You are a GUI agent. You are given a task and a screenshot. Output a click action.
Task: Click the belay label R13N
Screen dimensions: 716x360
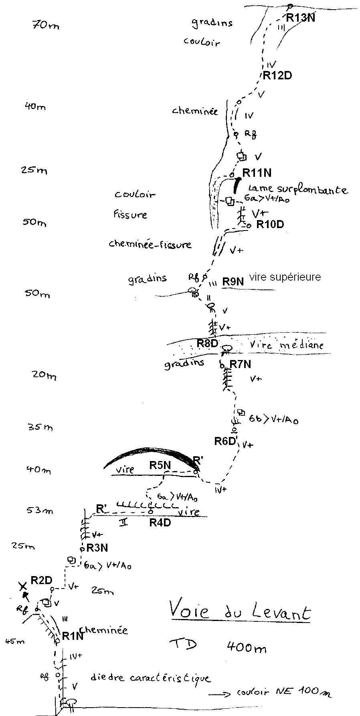coord(300,17)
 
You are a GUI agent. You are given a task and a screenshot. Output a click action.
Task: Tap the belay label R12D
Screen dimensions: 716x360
coord(277,75)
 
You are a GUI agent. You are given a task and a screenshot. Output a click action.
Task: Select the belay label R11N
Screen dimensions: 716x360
coord(257,173)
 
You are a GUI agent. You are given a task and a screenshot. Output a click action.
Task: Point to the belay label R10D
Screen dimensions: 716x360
coord(270,224)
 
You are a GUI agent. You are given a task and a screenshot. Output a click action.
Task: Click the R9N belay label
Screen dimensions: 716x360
coord(233,281)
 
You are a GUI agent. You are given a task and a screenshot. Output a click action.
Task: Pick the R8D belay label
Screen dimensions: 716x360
coord(207,343)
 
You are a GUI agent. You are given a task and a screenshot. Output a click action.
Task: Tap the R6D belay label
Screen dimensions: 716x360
coord(225,441)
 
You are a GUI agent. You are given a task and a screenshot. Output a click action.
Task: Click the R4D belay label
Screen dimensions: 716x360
coord(160,522)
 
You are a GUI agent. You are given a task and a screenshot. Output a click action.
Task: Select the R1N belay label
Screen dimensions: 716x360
coord(73,636)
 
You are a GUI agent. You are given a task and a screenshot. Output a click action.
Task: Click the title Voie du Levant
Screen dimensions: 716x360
coord(239,612)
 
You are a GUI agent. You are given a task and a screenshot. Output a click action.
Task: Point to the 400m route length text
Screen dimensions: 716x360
coord(246,647)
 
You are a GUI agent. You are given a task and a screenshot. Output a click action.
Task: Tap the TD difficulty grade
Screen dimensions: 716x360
coord(183,644)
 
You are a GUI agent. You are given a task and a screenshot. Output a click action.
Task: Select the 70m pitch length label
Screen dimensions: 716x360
coord(46,25)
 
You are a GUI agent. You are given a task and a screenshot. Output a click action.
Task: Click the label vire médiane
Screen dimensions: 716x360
coord(286,344)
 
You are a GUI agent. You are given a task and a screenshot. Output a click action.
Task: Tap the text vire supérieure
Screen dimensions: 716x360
coord(285,277)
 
